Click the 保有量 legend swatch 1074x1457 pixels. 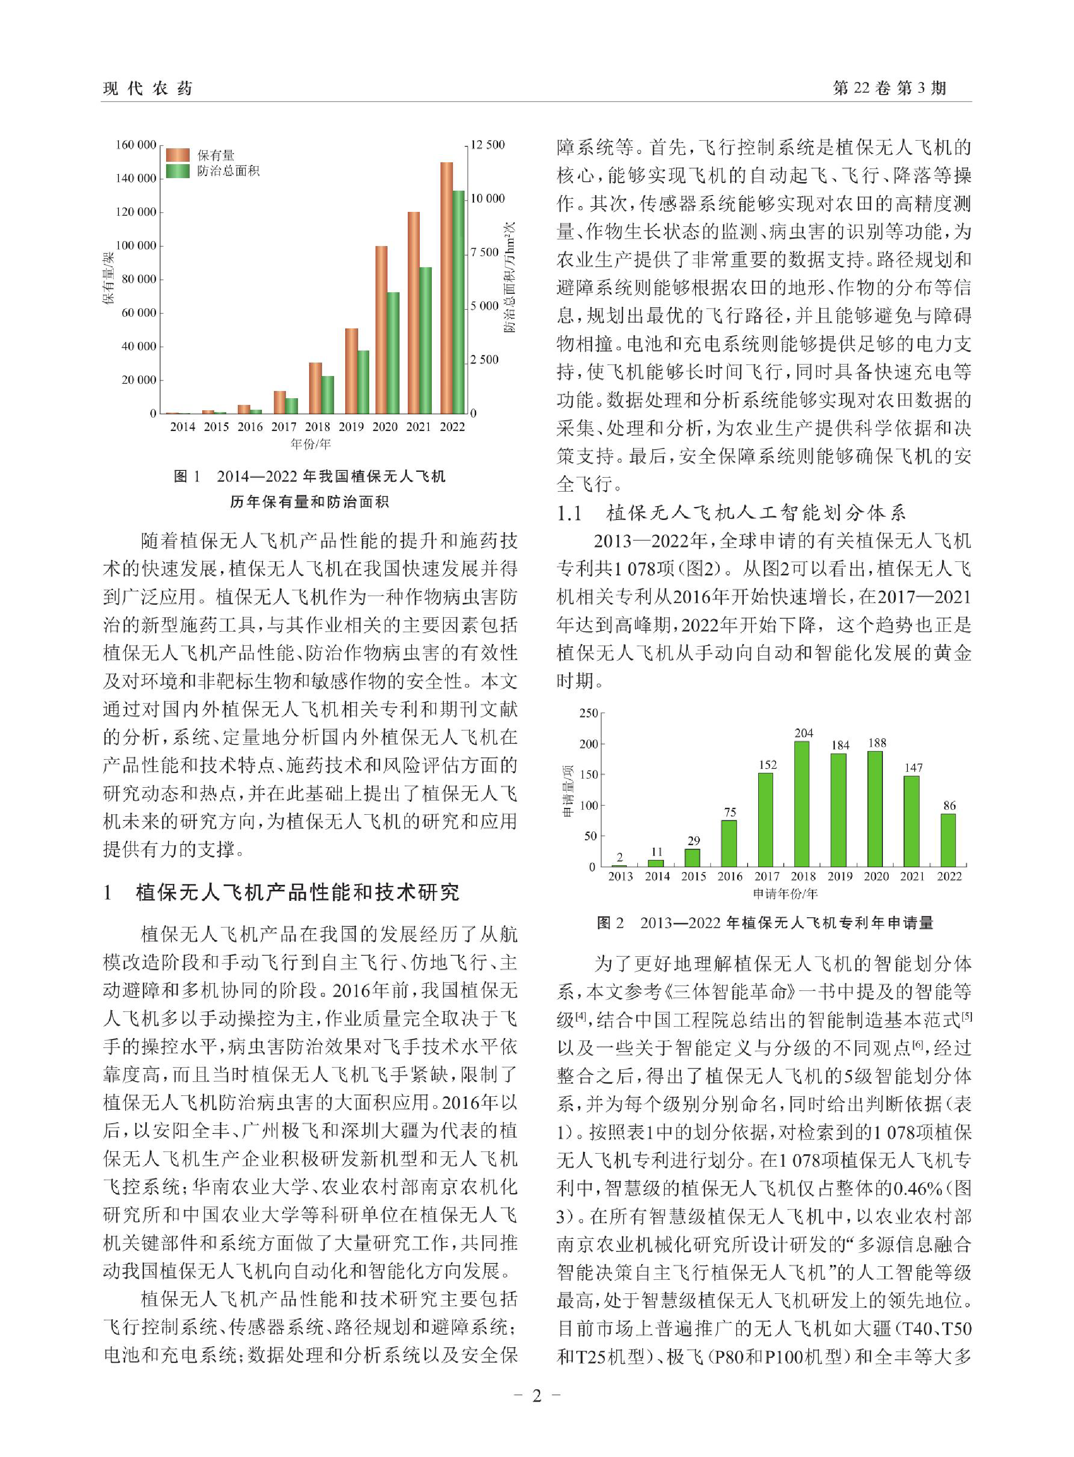178,155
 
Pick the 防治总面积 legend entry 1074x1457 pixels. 228,171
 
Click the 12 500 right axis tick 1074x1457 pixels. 487,144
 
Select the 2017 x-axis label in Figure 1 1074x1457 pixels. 284,427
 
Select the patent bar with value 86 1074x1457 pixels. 948,840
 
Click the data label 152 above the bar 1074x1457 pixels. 767,765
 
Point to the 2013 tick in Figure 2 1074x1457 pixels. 620,876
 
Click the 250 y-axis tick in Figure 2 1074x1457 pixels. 588,713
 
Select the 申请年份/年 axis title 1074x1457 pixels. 785,894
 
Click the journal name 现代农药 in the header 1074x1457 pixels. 148,89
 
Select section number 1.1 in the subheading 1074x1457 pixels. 569,514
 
